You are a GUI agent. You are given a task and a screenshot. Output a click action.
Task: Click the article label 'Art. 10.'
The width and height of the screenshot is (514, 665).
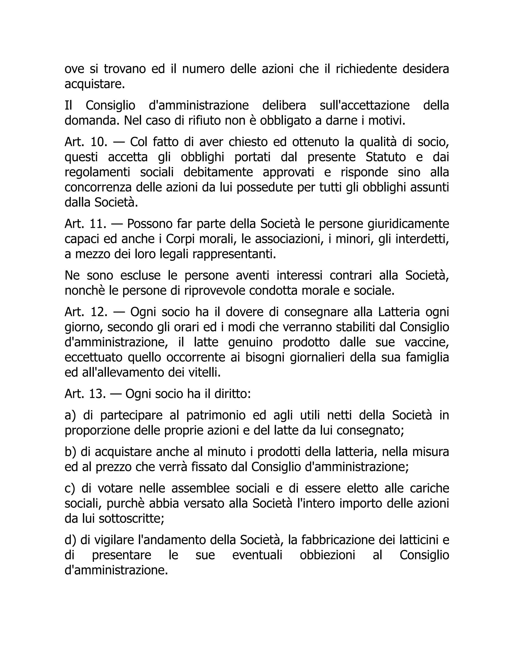[x=86, y=142]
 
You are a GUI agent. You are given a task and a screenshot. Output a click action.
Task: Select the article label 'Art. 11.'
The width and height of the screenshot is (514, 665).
[x=86, y=224]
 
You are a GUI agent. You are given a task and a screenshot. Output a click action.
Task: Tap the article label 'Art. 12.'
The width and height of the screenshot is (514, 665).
[x=86, y=312]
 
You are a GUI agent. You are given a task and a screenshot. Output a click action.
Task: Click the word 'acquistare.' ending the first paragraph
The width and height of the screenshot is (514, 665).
[x=95, y=84]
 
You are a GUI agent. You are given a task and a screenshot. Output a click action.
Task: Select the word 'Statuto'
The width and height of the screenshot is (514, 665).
[x=385, y=157]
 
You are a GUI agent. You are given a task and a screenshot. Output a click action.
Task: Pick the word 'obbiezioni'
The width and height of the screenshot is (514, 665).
[x=327, y=555]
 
